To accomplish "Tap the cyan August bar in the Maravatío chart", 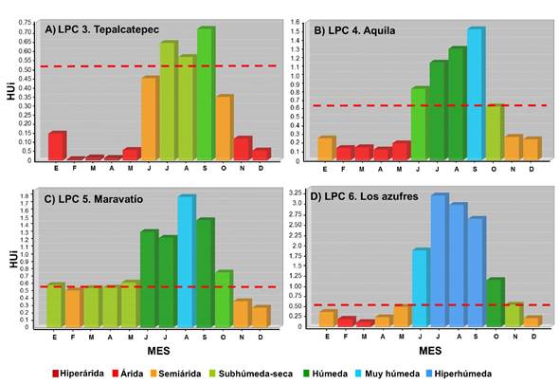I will tap(187, 260).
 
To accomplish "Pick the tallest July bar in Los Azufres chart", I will tap(440, 260).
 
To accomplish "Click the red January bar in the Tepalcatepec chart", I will tap(57, 145).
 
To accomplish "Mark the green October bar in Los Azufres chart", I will tap(495, 302).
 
